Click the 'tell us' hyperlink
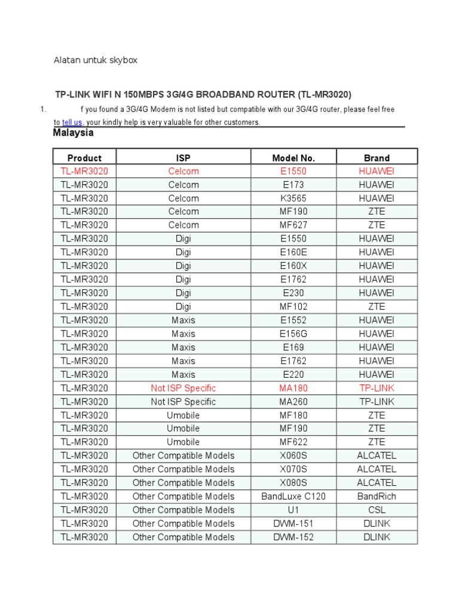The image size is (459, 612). (72, 122)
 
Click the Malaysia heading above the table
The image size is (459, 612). (73, 133)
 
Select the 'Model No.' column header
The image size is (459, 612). (293, 158)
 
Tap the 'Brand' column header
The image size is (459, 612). (377, 158)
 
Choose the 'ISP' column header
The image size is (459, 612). (183, 158)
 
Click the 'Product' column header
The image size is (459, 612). (84, 158)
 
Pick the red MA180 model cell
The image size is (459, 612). (293, 388)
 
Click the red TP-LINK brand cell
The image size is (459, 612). (377, 388)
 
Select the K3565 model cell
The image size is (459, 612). (293, 198)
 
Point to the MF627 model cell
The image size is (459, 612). (293, 225)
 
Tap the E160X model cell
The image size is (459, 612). (293, 266)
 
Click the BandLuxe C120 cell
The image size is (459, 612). (293, 496)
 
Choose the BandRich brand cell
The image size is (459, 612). (377, 496)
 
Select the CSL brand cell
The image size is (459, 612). (377, 510)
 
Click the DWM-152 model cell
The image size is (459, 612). (293, 537)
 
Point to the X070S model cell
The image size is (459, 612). (293, 469)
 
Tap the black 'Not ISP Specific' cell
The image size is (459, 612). (183, 402)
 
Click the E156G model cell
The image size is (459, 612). (293, 333)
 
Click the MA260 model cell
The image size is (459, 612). (293, 402)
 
